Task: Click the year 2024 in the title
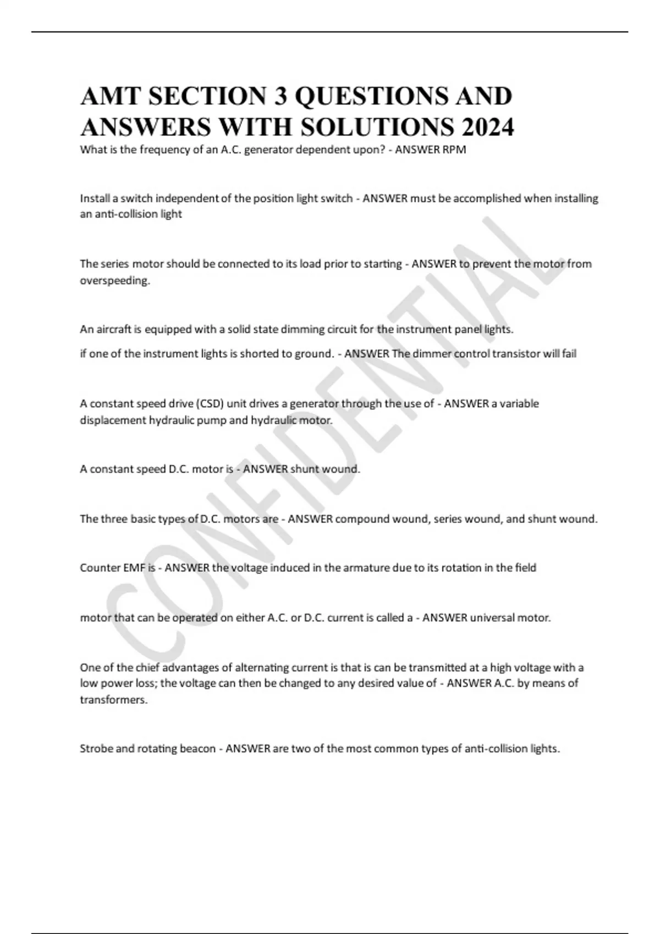[x=488, y=127]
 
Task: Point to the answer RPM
[x=454, y=149]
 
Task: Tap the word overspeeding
[x=114, y=281]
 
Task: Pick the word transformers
[x=114, y=700]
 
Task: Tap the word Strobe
[x=96, y=748]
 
